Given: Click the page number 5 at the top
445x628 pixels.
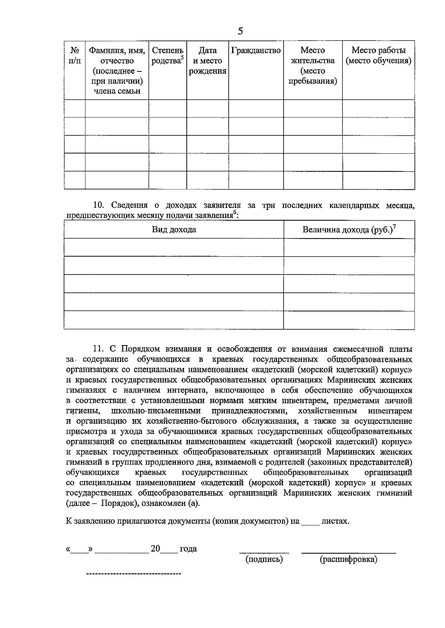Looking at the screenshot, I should tap(240, 31).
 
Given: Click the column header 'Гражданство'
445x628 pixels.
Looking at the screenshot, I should tap(256, 50).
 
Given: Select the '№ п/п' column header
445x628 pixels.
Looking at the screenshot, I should tap(75, 55).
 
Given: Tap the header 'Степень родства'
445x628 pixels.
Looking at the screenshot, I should tap(168, 55).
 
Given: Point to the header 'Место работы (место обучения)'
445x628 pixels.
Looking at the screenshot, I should tap(378, 55).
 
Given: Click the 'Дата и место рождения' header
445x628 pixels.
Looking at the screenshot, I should tap(207, 60).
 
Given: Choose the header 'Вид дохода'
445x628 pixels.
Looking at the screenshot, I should tap(174, 230).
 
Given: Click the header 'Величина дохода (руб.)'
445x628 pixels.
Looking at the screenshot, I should tap(349, 230).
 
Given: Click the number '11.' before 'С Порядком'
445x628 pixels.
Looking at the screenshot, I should tap(99, 349).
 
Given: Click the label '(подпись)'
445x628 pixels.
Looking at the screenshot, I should tap(264, 559).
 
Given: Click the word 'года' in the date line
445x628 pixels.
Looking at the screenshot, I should tap(188, 549).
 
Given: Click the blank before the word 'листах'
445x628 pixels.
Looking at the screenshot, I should tap(310, 523).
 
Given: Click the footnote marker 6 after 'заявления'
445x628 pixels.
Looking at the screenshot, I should tap(234, 213).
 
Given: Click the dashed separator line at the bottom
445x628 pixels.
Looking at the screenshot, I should tap(133, 574).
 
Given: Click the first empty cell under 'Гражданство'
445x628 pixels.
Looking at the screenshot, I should tap(256, 108).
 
